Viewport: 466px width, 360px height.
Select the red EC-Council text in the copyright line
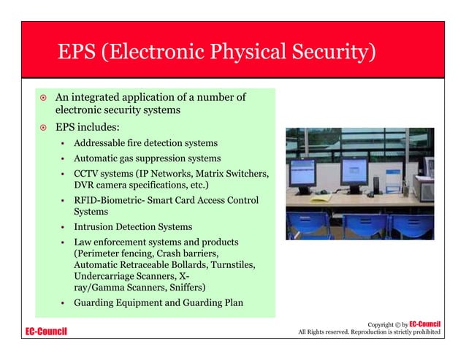pyautogui.click(x=424, y=323)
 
